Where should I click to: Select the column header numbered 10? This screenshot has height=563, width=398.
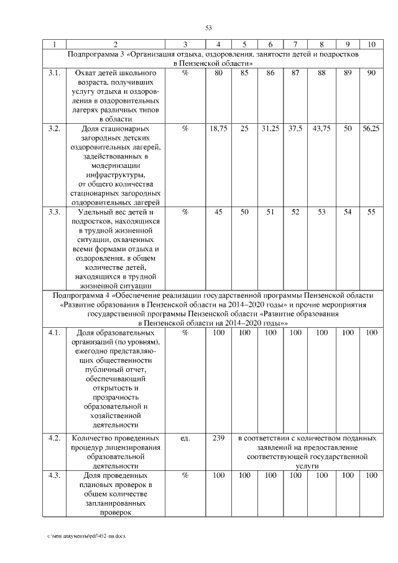pos(371,45)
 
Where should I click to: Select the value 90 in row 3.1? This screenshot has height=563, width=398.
pos(371,73)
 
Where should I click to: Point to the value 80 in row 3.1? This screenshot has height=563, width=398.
pos(218,73)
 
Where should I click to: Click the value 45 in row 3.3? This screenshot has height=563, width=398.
pos(218,212)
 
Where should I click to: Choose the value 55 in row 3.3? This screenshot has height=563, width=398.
pos(371,212)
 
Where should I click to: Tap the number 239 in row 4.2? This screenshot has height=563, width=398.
pos(218,439)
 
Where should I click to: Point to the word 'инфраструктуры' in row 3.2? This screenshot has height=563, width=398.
pos(116,175)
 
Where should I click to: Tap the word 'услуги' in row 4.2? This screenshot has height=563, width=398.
pos(307,465)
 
